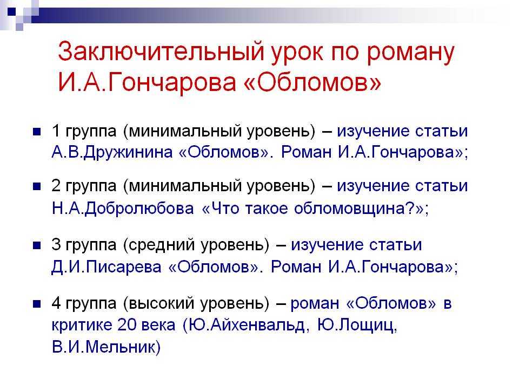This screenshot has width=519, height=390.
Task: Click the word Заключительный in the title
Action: (x=161, y=52)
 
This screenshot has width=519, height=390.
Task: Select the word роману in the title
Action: (x=410, y=54)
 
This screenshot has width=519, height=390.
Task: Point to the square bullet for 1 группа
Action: (x=37, y=132)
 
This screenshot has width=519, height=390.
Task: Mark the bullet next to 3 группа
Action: (x=37, y=245)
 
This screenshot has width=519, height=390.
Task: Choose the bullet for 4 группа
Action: (x=37, y=304)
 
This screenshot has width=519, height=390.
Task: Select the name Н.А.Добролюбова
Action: (x=123, y=209)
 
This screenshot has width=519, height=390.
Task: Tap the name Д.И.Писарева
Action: (x=107, y=267)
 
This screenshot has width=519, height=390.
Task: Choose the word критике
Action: (x=82, y=325)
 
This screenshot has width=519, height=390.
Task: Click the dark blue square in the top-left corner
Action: (x=11, y=12)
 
